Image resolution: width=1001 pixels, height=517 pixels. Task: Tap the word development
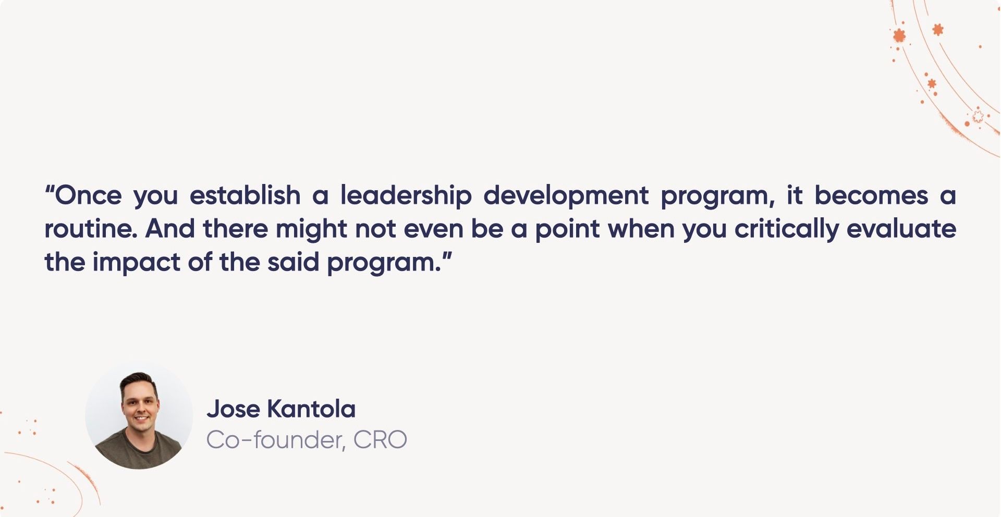pyautogui.click(x=566, y=196)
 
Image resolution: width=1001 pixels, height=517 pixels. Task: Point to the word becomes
pyautogui.click(x=871, y=196)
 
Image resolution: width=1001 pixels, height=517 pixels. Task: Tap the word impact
pyautogui.click(x=136, y=262)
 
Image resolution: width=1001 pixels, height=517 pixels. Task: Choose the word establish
pyautogui.click(x=245, y=196)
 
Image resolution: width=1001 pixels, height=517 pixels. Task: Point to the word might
pyautogui.click(x=311, y=229)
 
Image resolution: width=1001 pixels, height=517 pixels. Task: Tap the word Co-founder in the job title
pyautogui.click(x=275, y=440)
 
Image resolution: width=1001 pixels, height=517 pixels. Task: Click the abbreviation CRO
pyautogui.click(x=380, y=440)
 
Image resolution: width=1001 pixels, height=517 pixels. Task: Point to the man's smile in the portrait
pyautogui.click(x=140, y=418)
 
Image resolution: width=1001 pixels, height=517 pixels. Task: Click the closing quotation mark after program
pyautogui.click(x=447, y=257)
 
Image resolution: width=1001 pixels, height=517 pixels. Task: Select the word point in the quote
pyautogui.click(x=567, y=229)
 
